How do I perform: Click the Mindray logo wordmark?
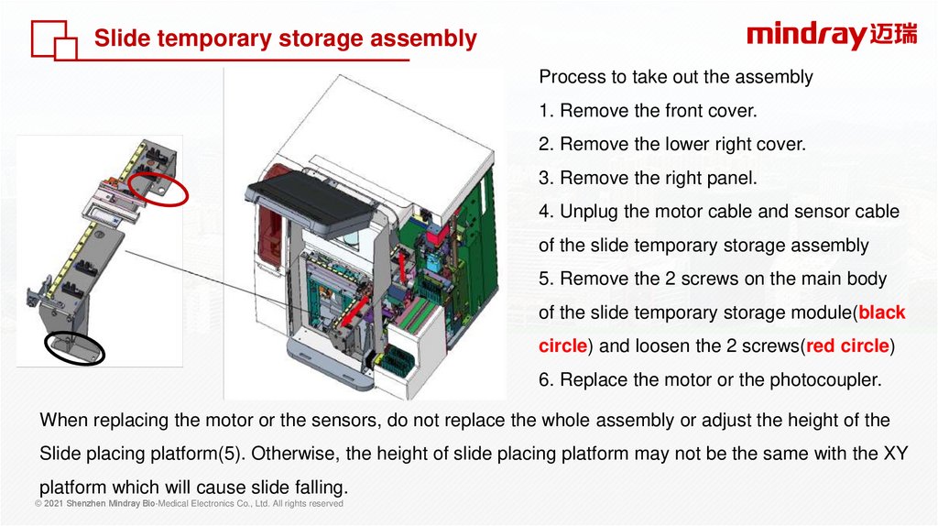click(x=805, y=36)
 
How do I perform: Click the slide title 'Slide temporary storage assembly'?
click(x=286, y=38)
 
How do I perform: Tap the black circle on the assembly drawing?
click(x=74, y=348)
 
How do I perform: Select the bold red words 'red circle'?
click(x=846, y=346)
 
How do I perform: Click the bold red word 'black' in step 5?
click(x=882, y=312)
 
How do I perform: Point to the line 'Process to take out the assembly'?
click(x=675, y=77)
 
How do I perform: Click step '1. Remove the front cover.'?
click(x=649, y=111)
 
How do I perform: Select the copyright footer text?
click(x=189, y=504)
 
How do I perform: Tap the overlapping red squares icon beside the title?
click(x=54, y=40)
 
